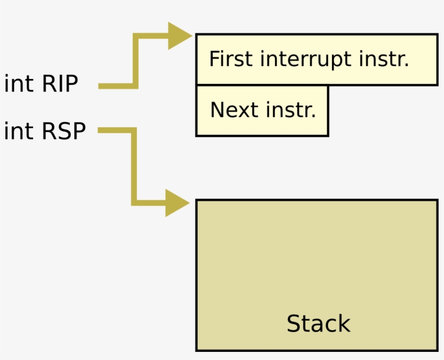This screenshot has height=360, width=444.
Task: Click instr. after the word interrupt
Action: (384, 59)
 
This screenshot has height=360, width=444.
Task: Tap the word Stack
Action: (318, 324)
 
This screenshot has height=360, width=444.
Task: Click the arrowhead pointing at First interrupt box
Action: (179, 36)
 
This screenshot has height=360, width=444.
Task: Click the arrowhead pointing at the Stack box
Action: (177, 203)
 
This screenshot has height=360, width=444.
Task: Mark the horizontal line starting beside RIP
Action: (116, 86)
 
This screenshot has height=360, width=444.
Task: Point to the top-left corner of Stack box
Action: (197, 200)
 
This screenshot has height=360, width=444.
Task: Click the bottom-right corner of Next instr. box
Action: (328, 135)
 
